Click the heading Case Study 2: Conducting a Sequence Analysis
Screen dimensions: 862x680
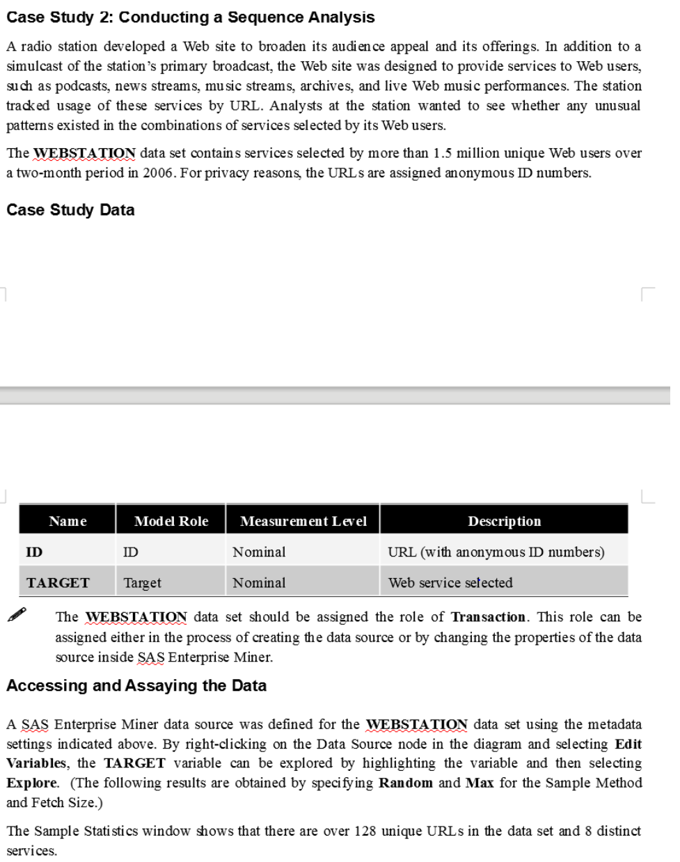pyautogui.click(x=190, y=17)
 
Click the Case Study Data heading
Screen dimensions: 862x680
pyautogui.click(x=70, y=210)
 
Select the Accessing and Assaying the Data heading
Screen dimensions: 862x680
pyautogui.click(x=136, y=686)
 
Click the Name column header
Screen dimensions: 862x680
pyautogui.click(x=68, y=521)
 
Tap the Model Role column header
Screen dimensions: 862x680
pyautogui.click(x=171, y=521)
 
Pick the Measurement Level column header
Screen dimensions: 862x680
pyautogui.click(x=303, y=521)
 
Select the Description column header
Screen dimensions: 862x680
pyautogui.click(x=504, y=521)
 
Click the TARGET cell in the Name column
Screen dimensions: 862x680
pyautogui.click(x=58, y=583)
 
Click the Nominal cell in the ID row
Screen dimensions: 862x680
pyautogui.click(x=259, y=552)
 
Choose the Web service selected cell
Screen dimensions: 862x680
pyautogui.click(x=450, y=583)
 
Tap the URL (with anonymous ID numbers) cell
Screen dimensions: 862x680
pyautogui.click(x=496, y=552)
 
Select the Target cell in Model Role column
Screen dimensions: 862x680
pyautogui.click(x=142, y=583)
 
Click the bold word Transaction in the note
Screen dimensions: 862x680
pyautogui.click(x=488, y=617)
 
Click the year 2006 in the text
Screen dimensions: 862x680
pyautogui.click(x=159, y=173)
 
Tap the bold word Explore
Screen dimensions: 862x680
pyautogui.click(x=31, y=783)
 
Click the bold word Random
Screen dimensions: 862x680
pyautogui.click(x=405, y=783)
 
